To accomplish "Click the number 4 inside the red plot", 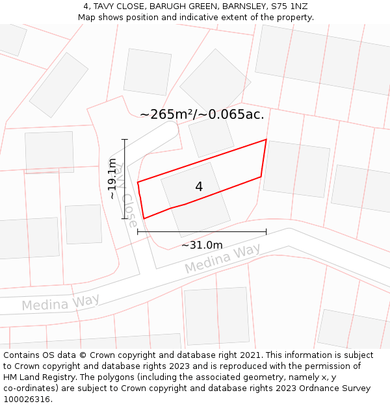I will (199, 186).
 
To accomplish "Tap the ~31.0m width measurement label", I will (201, 245).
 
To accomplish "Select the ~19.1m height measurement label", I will (112, 179).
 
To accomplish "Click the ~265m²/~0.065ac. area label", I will (201, 114).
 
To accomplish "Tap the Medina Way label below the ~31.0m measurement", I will (222, 258).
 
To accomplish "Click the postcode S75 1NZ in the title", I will (289, 6).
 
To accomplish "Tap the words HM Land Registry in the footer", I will (34, 377).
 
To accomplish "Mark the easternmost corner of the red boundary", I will (266, 140).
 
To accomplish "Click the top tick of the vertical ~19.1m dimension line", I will (124, 139).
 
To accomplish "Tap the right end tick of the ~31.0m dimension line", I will (266, 231).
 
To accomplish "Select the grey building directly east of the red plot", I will (296, 168).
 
